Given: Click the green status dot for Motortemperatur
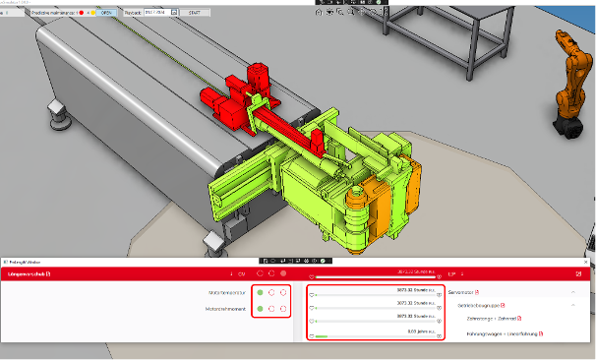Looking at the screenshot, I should (259, 292).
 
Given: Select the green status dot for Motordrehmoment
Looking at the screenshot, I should (259, 309).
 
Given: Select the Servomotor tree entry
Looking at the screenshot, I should (463, 292).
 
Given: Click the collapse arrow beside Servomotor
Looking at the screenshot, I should (573, 292).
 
